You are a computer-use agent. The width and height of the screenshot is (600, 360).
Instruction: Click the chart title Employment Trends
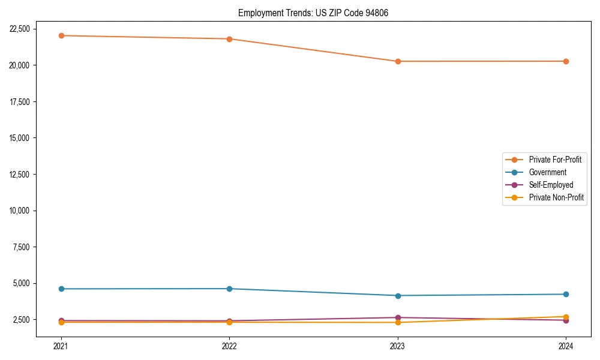313,13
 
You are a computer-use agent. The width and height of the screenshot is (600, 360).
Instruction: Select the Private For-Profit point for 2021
61,35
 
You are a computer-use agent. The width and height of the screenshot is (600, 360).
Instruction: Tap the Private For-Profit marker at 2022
229,39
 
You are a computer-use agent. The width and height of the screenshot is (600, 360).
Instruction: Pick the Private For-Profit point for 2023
398,61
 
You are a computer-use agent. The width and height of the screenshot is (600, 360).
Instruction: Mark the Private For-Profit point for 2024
566,61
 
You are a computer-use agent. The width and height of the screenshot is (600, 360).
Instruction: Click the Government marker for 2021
61,289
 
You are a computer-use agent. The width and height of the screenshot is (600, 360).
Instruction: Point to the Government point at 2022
229,289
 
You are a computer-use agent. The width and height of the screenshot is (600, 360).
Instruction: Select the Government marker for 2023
398,295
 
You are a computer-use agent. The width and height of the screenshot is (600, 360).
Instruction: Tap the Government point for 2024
566,294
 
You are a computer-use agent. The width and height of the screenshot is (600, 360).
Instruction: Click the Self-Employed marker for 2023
398,317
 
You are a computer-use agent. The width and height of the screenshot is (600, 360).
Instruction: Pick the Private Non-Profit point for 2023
398,322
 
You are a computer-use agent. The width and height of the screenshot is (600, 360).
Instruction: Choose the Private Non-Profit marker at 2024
566,316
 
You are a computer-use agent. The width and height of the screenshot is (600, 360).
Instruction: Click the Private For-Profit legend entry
554,160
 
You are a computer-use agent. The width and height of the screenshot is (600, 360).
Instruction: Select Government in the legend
547,172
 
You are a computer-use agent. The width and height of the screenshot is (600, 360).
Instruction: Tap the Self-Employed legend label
551,185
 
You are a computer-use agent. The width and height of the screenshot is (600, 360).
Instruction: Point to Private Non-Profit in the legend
556,197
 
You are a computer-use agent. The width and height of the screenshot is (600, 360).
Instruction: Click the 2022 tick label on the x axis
229,346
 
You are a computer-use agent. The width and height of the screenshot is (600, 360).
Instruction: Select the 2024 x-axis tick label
566,346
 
